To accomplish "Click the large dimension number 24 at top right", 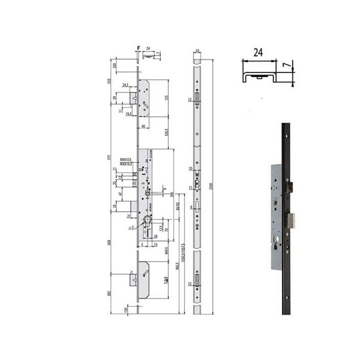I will [x=258, y=52].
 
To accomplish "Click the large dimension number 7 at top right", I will [x=286, y=65].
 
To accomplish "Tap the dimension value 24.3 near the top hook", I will [x=125, y=85].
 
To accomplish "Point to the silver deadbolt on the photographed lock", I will [x=291, y=220].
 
